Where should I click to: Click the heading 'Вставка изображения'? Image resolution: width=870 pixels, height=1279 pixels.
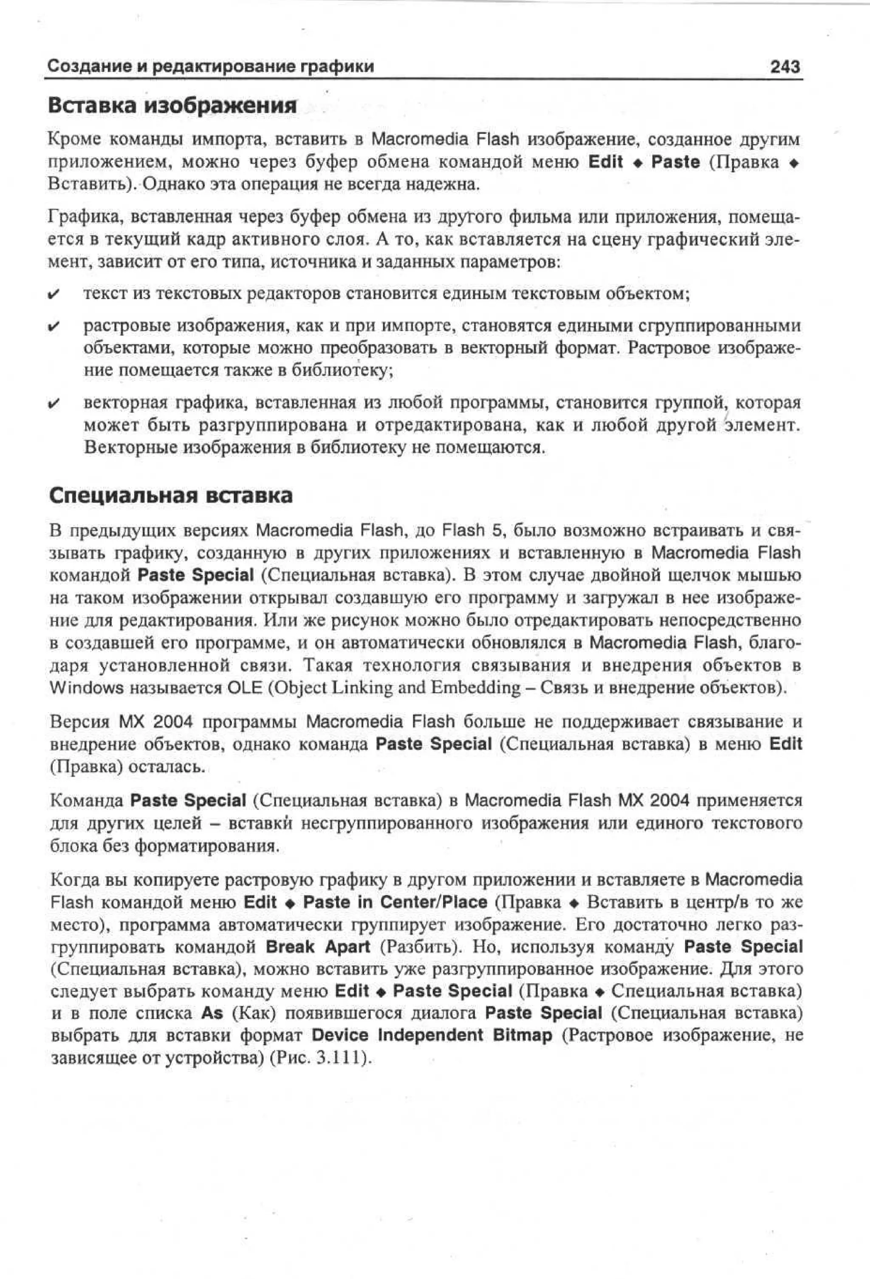[172, 105]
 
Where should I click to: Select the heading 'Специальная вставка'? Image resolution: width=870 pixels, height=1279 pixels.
[171, 495]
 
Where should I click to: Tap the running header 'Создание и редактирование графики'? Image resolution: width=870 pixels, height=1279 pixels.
[210, 67]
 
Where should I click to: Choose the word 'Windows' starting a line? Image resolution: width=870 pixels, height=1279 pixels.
[86, 688]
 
